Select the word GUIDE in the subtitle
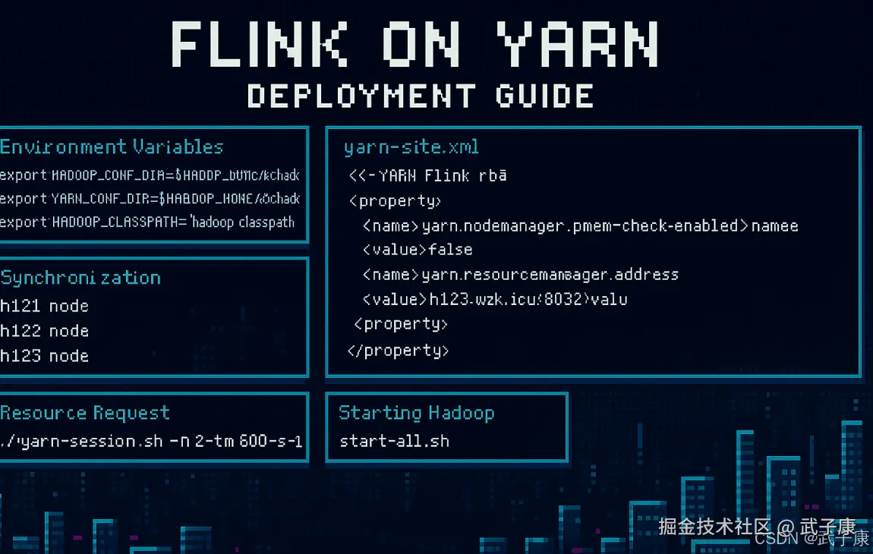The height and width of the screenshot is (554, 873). pyautogui.click(x=544, y=96)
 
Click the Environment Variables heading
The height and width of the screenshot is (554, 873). pyautogui.click(x=112, y=147)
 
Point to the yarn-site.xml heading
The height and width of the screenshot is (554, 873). pyautogui.click(x=411, y=147)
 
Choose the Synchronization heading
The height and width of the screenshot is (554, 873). pyautogui.click(x=80, y=278)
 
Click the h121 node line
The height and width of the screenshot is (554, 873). pyautogui.click(x=44, y=307)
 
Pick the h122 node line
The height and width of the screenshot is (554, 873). pyautogui.click(x=44, y=332)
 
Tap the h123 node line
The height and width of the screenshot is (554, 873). pyautogui.click(x=44, y=356)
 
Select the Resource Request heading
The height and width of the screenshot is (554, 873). pyautogui.click(x=85, y=414)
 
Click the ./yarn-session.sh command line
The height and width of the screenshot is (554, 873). pyautogui.click(x=151, y=441)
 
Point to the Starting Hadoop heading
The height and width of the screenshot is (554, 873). pyautogui.click(x=417, y=413)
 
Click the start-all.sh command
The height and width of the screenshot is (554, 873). pyautogui.click(x=394, y=441)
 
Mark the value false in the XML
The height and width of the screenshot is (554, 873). pyautogui.click(x=450, y=250)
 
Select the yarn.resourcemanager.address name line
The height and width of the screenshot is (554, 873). pyautogui.click(x=520, y=275)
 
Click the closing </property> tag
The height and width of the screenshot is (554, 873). pyautogui.click(x=399, y=351)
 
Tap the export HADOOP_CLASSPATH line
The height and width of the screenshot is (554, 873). pyautogui.click(x=147, y=222)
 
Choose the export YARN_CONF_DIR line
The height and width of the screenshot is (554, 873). pyautogui.click(x=150, y=199)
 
